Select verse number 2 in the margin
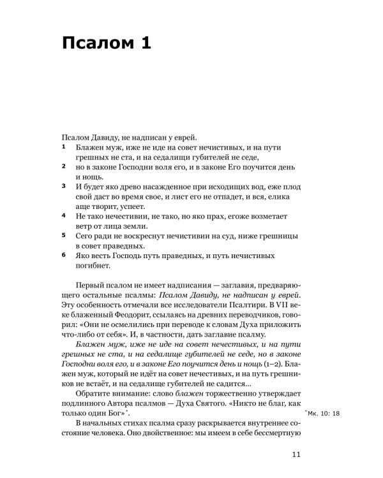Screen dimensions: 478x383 [63, 166]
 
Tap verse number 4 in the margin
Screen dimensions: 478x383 [63, 215]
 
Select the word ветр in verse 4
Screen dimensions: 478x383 [84, 226]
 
